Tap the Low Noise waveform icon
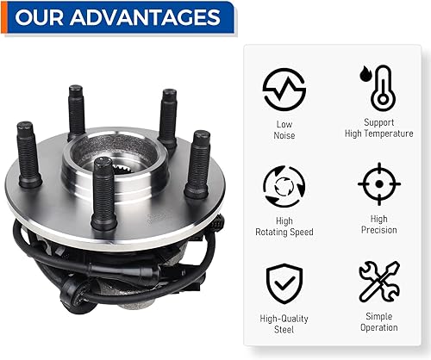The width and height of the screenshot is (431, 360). click(284, 90)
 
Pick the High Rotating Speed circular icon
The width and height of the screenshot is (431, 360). click(284, 185)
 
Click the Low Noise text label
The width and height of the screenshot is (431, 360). click(284, 129)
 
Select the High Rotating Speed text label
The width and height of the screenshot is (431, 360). click(284, 226)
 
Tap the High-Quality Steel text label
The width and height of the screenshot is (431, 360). click(284, 323)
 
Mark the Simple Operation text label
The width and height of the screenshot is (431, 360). click(378, 321)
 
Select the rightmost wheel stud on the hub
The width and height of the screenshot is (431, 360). click(197, 164)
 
